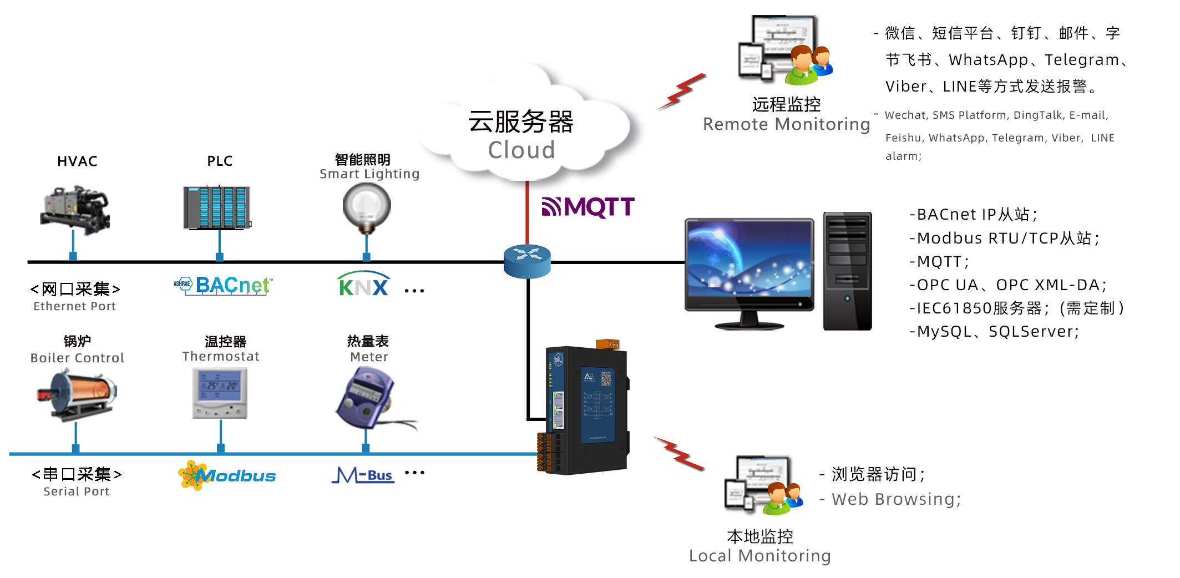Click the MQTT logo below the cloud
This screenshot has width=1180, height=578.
(588, 207)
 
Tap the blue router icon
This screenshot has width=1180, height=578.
(527, 261)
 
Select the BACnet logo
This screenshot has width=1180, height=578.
(224, 286)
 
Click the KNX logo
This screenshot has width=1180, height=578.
(363, 285)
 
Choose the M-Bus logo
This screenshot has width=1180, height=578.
(363, 475)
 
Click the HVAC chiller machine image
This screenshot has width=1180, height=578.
(75, 210)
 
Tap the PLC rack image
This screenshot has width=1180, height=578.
(217, 208)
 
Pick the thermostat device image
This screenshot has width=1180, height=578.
(220, 393)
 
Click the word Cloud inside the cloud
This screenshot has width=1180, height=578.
(521, 150)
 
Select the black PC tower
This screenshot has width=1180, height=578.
(847, 271)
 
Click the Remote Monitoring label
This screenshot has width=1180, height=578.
(786, 124)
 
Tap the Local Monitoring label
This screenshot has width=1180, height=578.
(759, 555)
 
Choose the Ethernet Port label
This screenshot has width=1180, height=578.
(74, 306)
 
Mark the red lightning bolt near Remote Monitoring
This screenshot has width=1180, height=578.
(682, 92)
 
